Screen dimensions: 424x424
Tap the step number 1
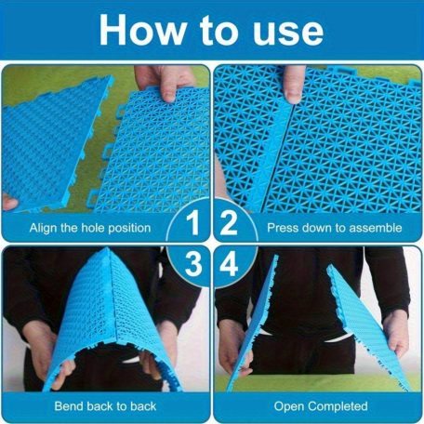point(193,223)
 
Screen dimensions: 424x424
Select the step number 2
point(229,223)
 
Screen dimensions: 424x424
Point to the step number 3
point(193,264)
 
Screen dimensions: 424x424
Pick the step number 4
point(229,264)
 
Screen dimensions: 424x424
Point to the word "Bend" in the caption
point(69,406)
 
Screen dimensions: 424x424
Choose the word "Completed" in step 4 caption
point(338,406)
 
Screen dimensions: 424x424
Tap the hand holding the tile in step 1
point(165,82)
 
